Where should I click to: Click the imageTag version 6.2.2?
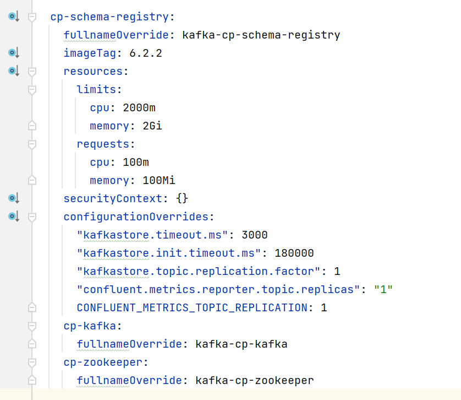pos(146,53)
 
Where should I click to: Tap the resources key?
pos(94,72)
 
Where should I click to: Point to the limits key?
pos(97,90)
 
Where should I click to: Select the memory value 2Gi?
pos(152,126)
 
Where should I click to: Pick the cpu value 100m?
pos(136,163)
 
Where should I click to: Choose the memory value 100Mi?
pos(158,181)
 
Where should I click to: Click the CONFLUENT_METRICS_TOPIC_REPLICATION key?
pos(192,308)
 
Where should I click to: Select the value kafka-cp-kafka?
pos(242,345)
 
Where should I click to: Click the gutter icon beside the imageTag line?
pos(14,53)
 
